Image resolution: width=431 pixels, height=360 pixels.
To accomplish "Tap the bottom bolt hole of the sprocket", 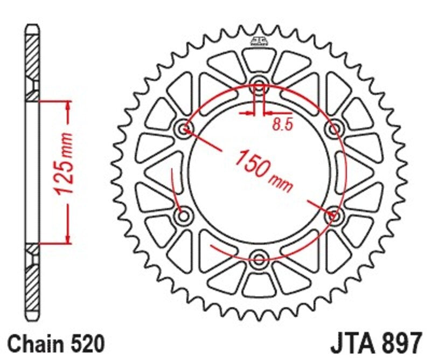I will (259, 258).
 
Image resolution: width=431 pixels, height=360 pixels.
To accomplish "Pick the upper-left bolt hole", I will (185, 128).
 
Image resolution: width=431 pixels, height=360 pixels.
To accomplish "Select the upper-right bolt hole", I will (334, 128).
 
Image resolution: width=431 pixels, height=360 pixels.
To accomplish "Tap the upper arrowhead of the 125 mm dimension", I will (68, 107).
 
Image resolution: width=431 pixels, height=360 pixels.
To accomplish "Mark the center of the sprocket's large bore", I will (259, 172).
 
